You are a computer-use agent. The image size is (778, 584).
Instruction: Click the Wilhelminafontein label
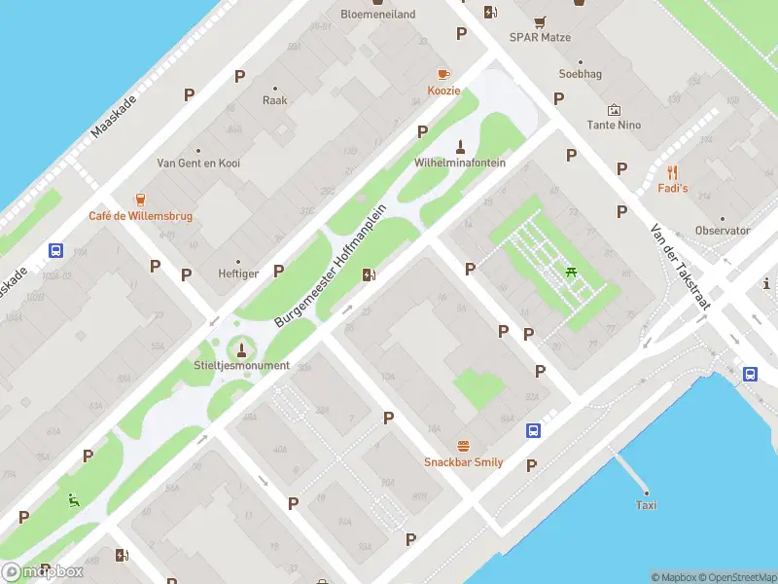coord(460,163)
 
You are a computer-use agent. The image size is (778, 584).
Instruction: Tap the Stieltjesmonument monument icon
coord(241,348)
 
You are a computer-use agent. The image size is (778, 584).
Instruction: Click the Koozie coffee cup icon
coord(443,74)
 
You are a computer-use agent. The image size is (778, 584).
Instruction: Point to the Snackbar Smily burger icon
coord(463,446)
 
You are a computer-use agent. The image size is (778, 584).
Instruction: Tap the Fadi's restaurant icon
coord(672,171)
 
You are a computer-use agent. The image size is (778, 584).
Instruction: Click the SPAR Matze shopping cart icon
coord(540,21)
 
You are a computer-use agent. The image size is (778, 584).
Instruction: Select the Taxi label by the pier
coord(646,505)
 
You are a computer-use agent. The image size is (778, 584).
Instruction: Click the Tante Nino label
coord(614,125)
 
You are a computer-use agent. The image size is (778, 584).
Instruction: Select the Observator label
coord(723,231)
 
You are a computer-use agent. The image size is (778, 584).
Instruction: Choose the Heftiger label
coord(238,274)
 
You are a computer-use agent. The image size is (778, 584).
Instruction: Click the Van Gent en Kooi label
coord(198,164)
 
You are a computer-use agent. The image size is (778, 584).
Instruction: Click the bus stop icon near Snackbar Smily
coord(534,430)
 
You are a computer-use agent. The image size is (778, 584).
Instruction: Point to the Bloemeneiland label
coord(377,15)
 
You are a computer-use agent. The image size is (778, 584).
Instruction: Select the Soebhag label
coord(580,74)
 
